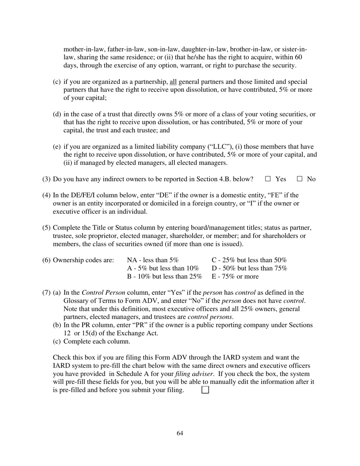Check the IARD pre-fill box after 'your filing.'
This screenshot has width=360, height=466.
(205, 390)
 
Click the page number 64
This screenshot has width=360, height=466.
(180, 433)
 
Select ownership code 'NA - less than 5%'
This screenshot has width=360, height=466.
(153, 260)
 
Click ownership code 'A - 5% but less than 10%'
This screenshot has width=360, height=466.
(163, 268)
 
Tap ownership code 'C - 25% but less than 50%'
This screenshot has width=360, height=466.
(249, 260)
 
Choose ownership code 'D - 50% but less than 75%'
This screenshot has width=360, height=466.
(249, 268)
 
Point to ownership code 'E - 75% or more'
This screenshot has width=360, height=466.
(235, 276)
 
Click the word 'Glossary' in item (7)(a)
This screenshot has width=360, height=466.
(77, 301)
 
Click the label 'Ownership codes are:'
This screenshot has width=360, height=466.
(83, 260)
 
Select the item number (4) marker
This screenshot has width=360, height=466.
(46, 195)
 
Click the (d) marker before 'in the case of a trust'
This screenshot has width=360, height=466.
(57, 114)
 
